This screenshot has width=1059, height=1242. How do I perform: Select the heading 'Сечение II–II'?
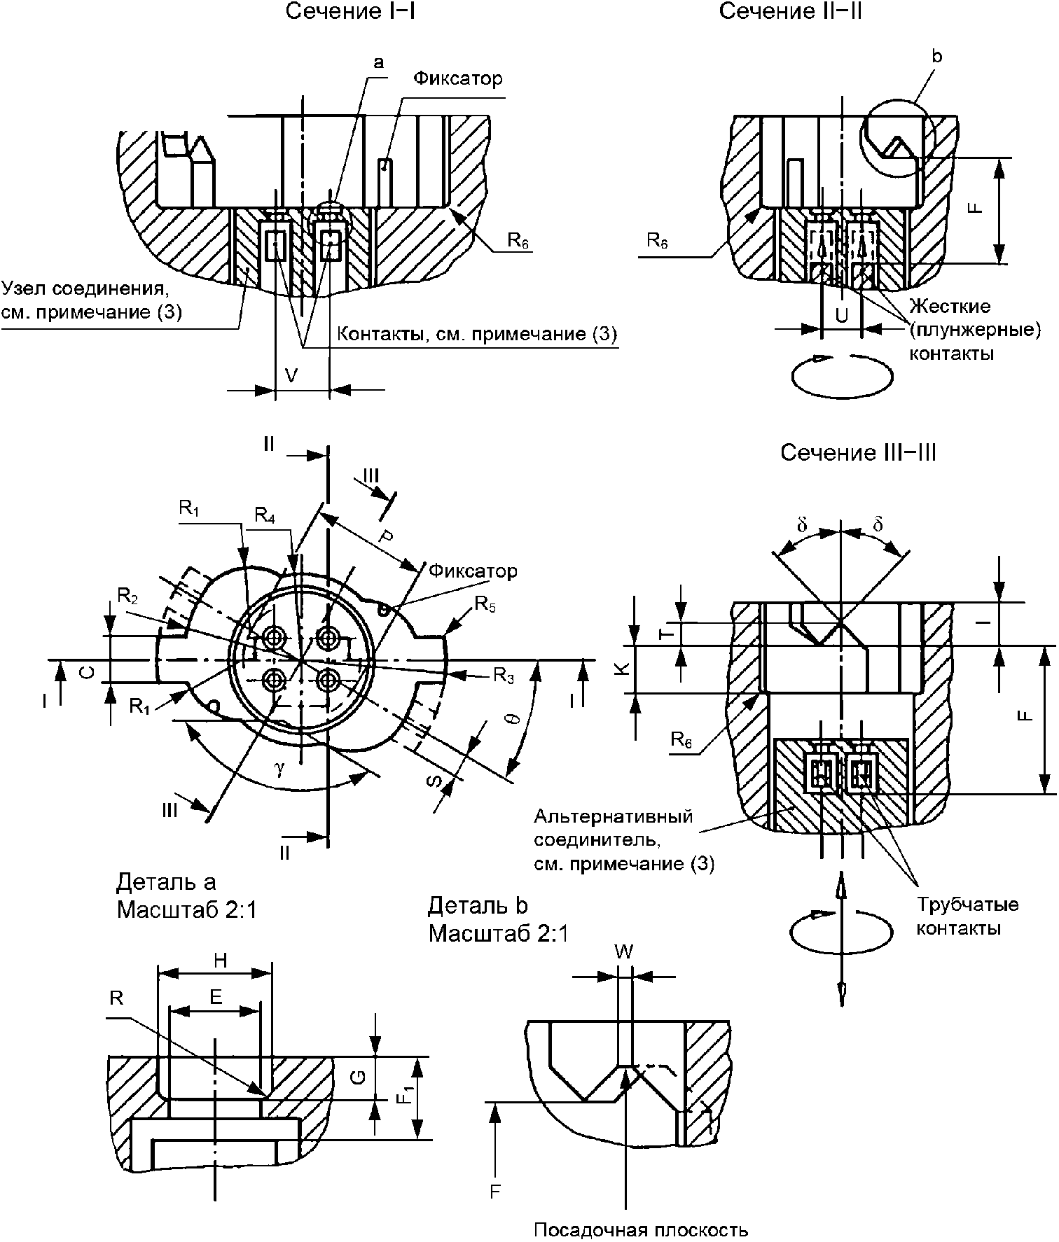(x=790, y=12)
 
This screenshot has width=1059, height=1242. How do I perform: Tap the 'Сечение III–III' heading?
(x=858, y=453)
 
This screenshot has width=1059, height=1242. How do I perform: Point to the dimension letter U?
(x=842, y=315)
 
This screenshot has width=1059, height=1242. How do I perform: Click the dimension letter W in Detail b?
(x=623, y=951)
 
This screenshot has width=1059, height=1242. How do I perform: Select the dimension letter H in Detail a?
(x=221, y=961)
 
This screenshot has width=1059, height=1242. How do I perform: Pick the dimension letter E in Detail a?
(x=216, y=998)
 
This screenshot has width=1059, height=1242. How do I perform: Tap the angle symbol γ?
(x=279, y=768)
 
